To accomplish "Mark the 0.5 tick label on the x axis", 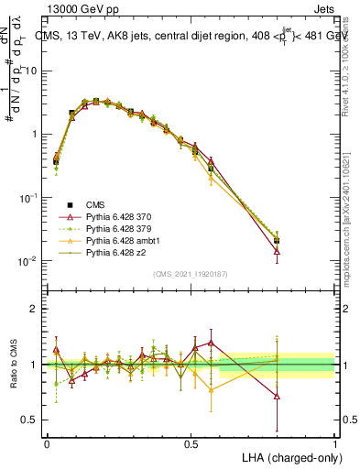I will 191,444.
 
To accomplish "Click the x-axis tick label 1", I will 335,444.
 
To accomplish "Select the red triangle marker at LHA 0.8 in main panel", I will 278,250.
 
